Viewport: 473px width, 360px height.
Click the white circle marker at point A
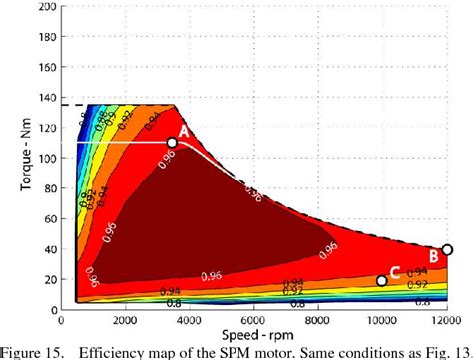tap(172, 143)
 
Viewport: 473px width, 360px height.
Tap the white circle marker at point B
tap(447, 250)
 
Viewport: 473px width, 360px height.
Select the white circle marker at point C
tap(381, 281)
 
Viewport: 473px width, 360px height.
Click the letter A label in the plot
tap(184, 130)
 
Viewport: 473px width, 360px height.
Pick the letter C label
tap(395, 272)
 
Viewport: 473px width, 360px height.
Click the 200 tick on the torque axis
tap(48, 7)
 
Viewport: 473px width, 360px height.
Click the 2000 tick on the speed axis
tap(123, 319)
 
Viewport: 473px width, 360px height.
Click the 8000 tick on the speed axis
tap(317, 319)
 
